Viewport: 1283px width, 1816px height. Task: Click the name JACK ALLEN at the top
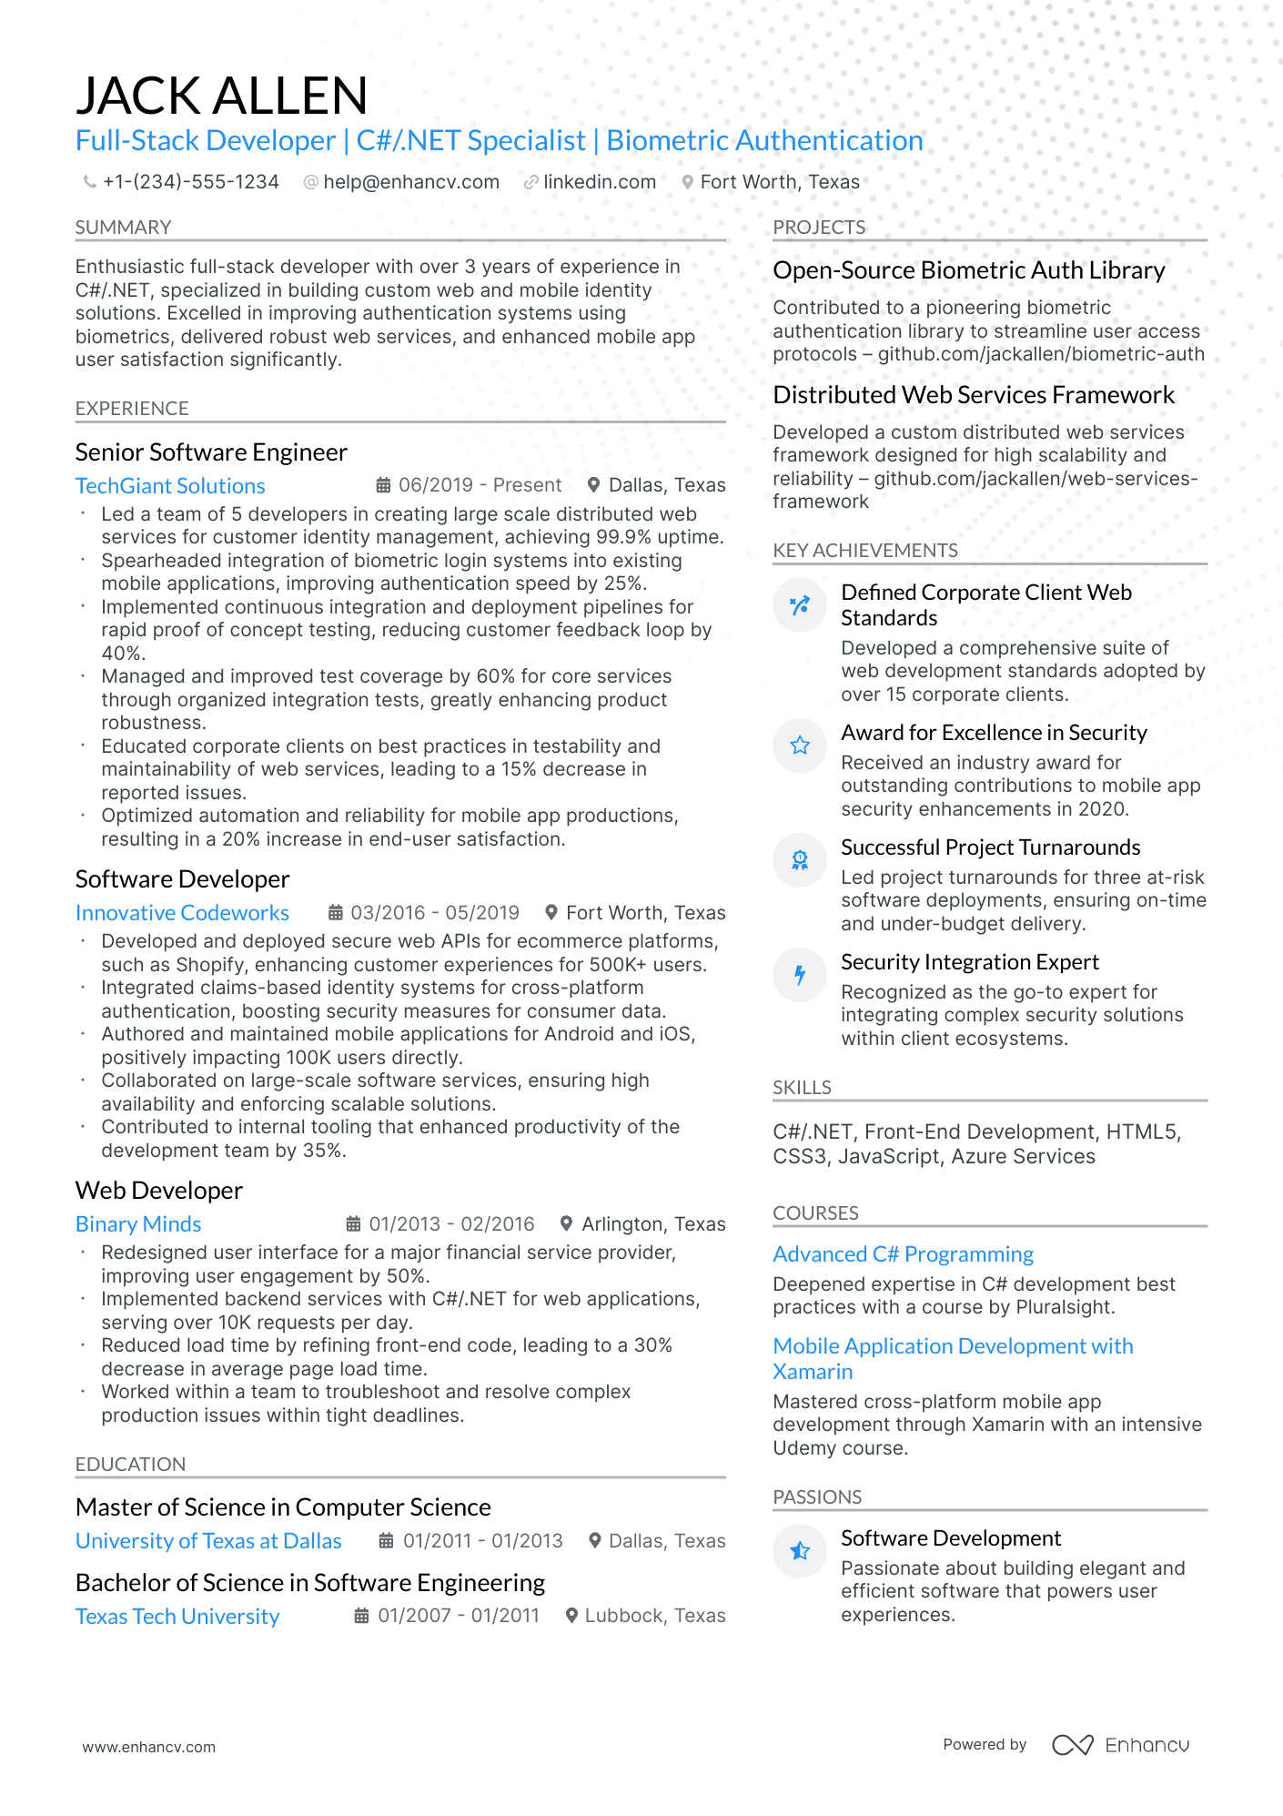(221, 96)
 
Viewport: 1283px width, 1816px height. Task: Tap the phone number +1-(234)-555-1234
(190, 182)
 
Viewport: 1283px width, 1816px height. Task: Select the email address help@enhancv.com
(411, 182)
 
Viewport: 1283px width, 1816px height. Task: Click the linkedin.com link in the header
(599, 182)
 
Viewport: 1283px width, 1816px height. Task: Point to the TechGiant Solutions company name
(170, 486)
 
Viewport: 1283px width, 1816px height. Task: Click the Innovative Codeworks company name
(182, 913)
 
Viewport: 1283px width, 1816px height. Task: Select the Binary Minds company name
(138, 1224)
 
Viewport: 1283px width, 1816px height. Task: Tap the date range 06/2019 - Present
(480, 485)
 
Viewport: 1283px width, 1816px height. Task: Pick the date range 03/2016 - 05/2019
(435, 912)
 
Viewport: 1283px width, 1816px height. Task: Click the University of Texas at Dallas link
(208, 1541)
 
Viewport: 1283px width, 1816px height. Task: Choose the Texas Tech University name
(177, 1617)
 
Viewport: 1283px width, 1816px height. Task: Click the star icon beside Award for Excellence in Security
(800, 746)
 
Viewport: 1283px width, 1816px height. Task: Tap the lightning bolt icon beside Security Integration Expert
(800, 975)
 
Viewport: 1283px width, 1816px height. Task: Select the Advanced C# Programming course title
(903, 1254)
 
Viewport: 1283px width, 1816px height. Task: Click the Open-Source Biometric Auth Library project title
(968, 270)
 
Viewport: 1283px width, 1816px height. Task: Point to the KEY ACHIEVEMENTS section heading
(864, 551)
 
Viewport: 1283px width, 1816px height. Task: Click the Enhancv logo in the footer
(1121, 1745)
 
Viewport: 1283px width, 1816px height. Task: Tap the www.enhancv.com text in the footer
(149, 1747)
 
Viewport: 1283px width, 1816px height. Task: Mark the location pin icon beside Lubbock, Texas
(572, 1616)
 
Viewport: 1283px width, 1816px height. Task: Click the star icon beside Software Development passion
(800, 1550)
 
